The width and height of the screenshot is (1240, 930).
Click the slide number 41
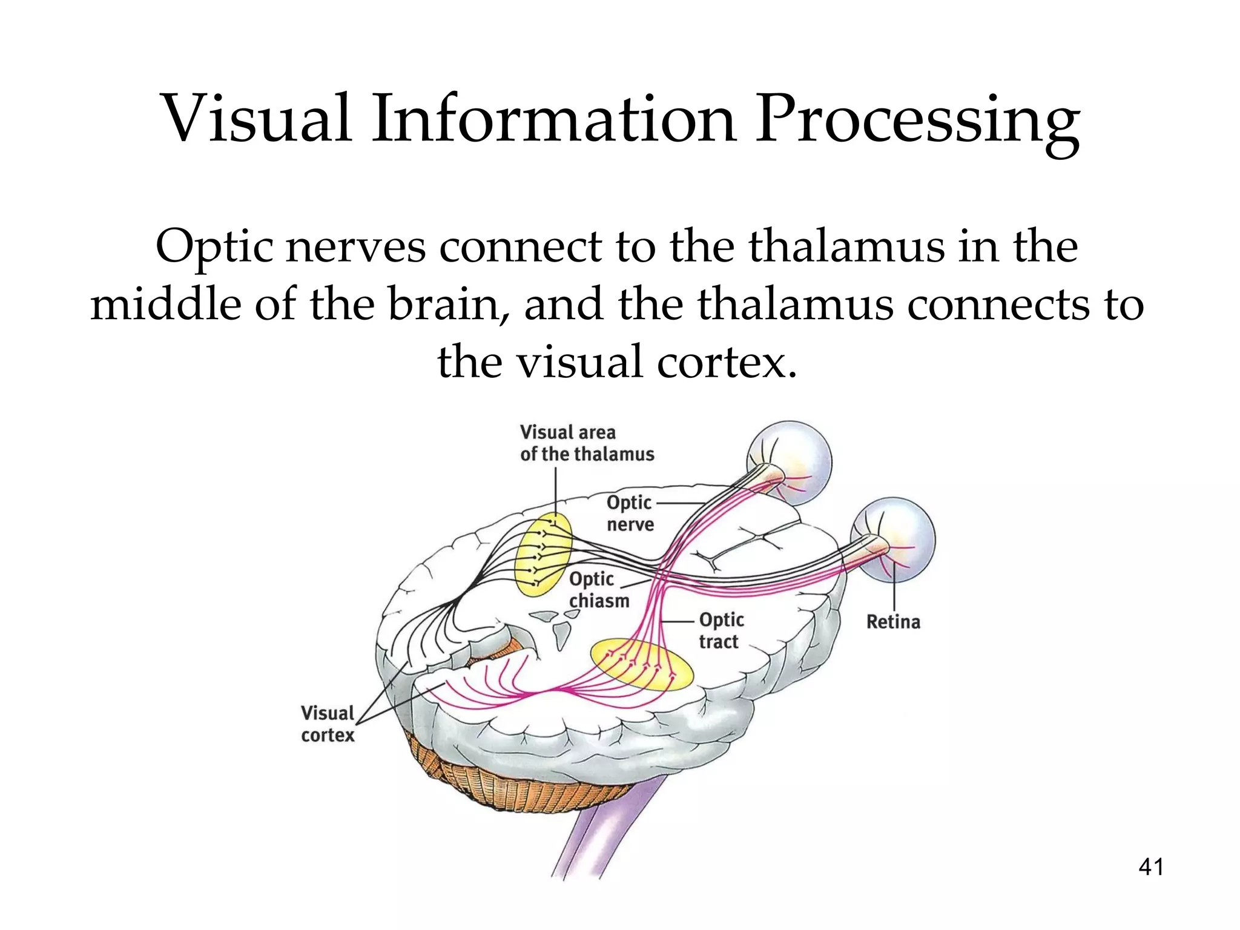1151,867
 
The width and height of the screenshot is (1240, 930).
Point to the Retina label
892,622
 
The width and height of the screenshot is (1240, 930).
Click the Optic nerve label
630,513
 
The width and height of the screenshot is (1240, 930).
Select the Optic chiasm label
598,590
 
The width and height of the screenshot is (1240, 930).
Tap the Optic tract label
721,630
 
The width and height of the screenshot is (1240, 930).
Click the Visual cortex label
328,724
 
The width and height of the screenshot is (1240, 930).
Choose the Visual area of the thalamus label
586,443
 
